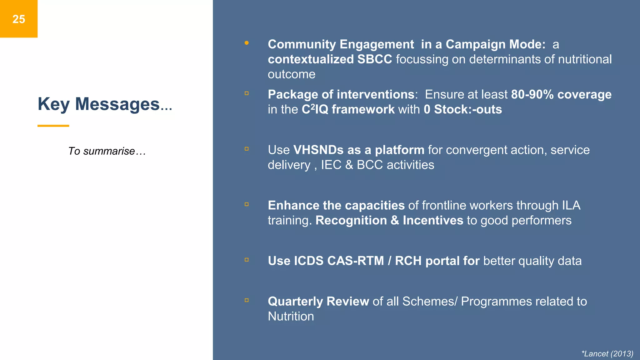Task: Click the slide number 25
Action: [x=19, y=19]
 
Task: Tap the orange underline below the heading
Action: [x=53, y=126]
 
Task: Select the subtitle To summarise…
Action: [x=107, y=151]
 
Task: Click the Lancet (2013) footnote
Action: [x=607, y=354]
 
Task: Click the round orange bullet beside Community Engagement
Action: [x=247, y=43]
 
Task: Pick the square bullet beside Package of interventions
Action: [x=247, y=93]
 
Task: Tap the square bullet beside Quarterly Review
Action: [x=247, y=300]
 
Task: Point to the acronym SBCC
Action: [x=374, y=59]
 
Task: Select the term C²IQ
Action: [x=315, y=109]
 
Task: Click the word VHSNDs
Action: [x=318, y=150]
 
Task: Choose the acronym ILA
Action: [x=571, y=206]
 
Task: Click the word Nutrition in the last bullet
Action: [x=291, y=317]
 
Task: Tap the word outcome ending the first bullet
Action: [x=291, y=74]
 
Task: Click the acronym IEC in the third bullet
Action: [x=331, y=165]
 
